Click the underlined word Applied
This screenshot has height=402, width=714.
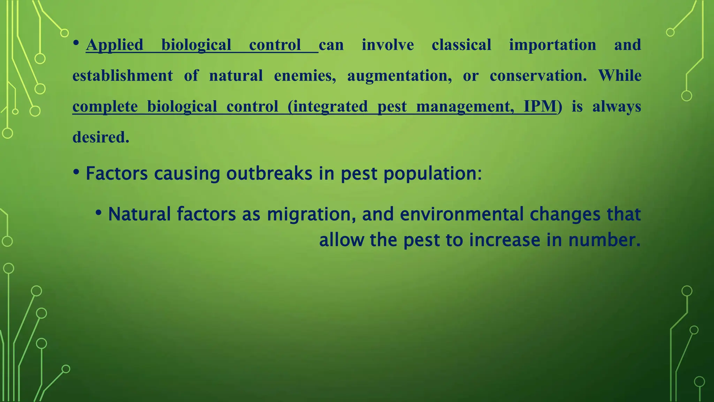pos(114,45)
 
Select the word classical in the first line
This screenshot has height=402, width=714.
pos(461,45)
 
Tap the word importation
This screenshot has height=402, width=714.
pos(552,45)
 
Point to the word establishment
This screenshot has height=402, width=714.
pos(122,76)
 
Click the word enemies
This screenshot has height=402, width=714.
pos(305,76)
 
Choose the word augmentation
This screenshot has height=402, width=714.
pos(399,76)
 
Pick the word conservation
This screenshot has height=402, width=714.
pos(538,76)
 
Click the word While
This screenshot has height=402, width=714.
pos(620,76)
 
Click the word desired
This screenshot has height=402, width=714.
pos(101,137)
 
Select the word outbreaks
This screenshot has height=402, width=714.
pos(269,173)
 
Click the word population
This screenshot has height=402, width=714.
pos(432,173)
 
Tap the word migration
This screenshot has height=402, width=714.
pos(311,214)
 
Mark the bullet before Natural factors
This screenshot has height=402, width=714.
pos(98,213)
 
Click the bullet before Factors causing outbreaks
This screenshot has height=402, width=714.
pos(76,172)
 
